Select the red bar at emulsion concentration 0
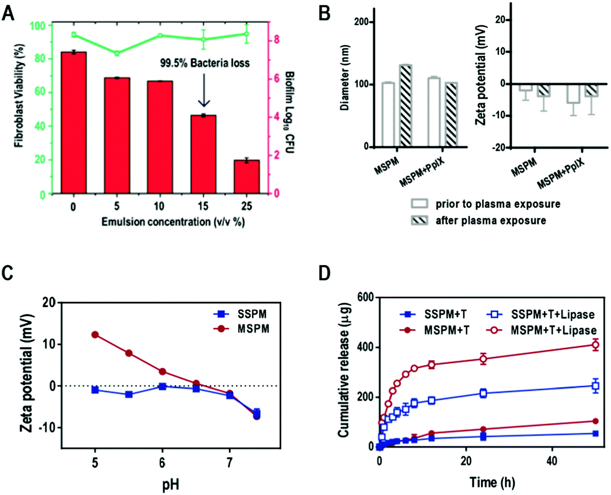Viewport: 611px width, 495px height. click(x=73, y=123)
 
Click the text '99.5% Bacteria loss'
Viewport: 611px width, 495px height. click(x=204, y=63)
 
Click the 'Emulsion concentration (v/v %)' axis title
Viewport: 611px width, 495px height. click(x=173, y=222)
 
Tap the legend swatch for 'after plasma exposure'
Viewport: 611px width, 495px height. click(x=419, y=221)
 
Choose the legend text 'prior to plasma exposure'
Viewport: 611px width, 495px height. click(x=498, y=204)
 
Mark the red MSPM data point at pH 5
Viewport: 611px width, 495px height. click(x=95, y=335)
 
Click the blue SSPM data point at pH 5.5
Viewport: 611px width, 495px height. click(x=129, y=394)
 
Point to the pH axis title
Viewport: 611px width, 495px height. click(x=171, y=485)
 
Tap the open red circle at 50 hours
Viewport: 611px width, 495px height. click(x=595, y=345)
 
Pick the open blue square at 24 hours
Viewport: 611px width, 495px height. click(x=483, y=393)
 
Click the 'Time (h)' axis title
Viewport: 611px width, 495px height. click(x=492, y=482)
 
